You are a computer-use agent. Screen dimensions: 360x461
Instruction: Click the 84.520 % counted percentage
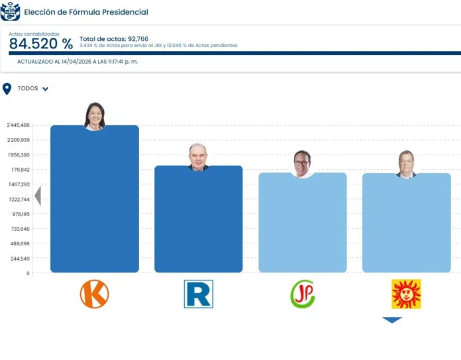pos(41,44)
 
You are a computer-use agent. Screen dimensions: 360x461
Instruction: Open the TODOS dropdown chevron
pos(45,89)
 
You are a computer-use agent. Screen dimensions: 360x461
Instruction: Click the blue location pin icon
pos(7,89)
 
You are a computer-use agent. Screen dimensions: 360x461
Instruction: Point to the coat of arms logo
pos(10,11)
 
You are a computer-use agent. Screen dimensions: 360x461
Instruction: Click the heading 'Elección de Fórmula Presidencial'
pos(86,12)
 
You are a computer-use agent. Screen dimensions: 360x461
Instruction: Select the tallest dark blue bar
pos(95,199)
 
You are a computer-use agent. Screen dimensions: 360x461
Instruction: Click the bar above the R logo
pos(198,219)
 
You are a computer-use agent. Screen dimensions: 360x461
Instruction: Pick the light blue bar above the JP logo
pos(302,222)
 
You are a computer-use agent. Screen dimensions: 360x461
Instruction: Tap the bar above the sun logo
pos(406,222)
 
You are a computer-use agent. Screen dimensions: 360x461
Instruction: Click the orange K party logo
pos(95,294)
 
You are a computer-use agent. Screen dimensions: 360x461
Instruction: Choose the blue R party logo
pos(198,294)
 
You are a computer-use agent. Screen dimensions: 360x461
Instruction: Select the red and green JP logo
pos(302,294)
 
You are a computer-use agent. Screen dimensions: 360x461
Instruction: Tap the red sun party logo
pos(406,294)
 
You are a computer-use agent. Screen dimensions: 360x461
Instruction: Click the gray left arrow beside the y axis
pos(38,196)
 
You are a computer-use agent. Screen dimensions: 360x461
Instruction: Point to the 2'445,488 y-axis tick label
pos(19,125)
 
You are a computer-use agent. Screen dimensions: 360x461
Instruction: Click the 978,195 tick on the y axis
pos(21,214)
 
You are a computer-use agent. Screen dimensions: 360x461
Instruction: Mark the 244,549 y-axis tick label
pos(21,259)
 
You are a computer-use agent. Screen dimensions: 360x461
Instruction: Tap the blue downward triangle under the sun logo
pos(392,320)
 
